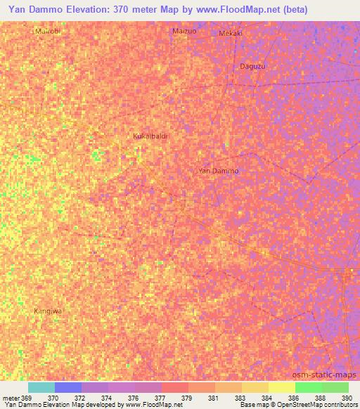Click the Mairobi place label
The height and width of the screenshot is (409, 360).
coord(46,32)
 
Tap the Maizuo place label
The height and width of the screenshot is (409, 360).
coord(185,32)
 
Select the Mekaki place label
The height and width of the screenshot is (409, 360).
coord(231,33)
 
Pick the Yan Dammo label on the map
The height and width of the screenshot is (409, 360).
coord(219,171)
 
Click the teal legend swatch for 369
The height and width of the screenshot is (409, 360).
coord(41,387)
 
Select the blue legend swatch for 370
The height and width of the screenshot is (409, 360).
coord(68,387)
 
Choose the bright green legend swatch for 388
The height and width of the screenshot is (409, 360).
coord(309,387)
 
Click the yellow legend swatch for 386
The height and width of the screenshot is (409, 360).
coord(282,387)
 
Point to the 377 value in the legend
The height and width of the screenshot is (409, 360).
coord(160,398)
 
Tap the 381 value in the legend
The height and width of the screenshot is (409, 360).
coord(213,398)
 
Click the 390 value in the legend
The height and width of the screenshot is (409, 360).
coord(347,398)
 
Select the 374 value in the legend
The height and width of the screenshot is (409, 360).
coord(106,398)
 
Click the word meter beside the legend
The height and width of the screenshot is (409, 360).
coord(11,398)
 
